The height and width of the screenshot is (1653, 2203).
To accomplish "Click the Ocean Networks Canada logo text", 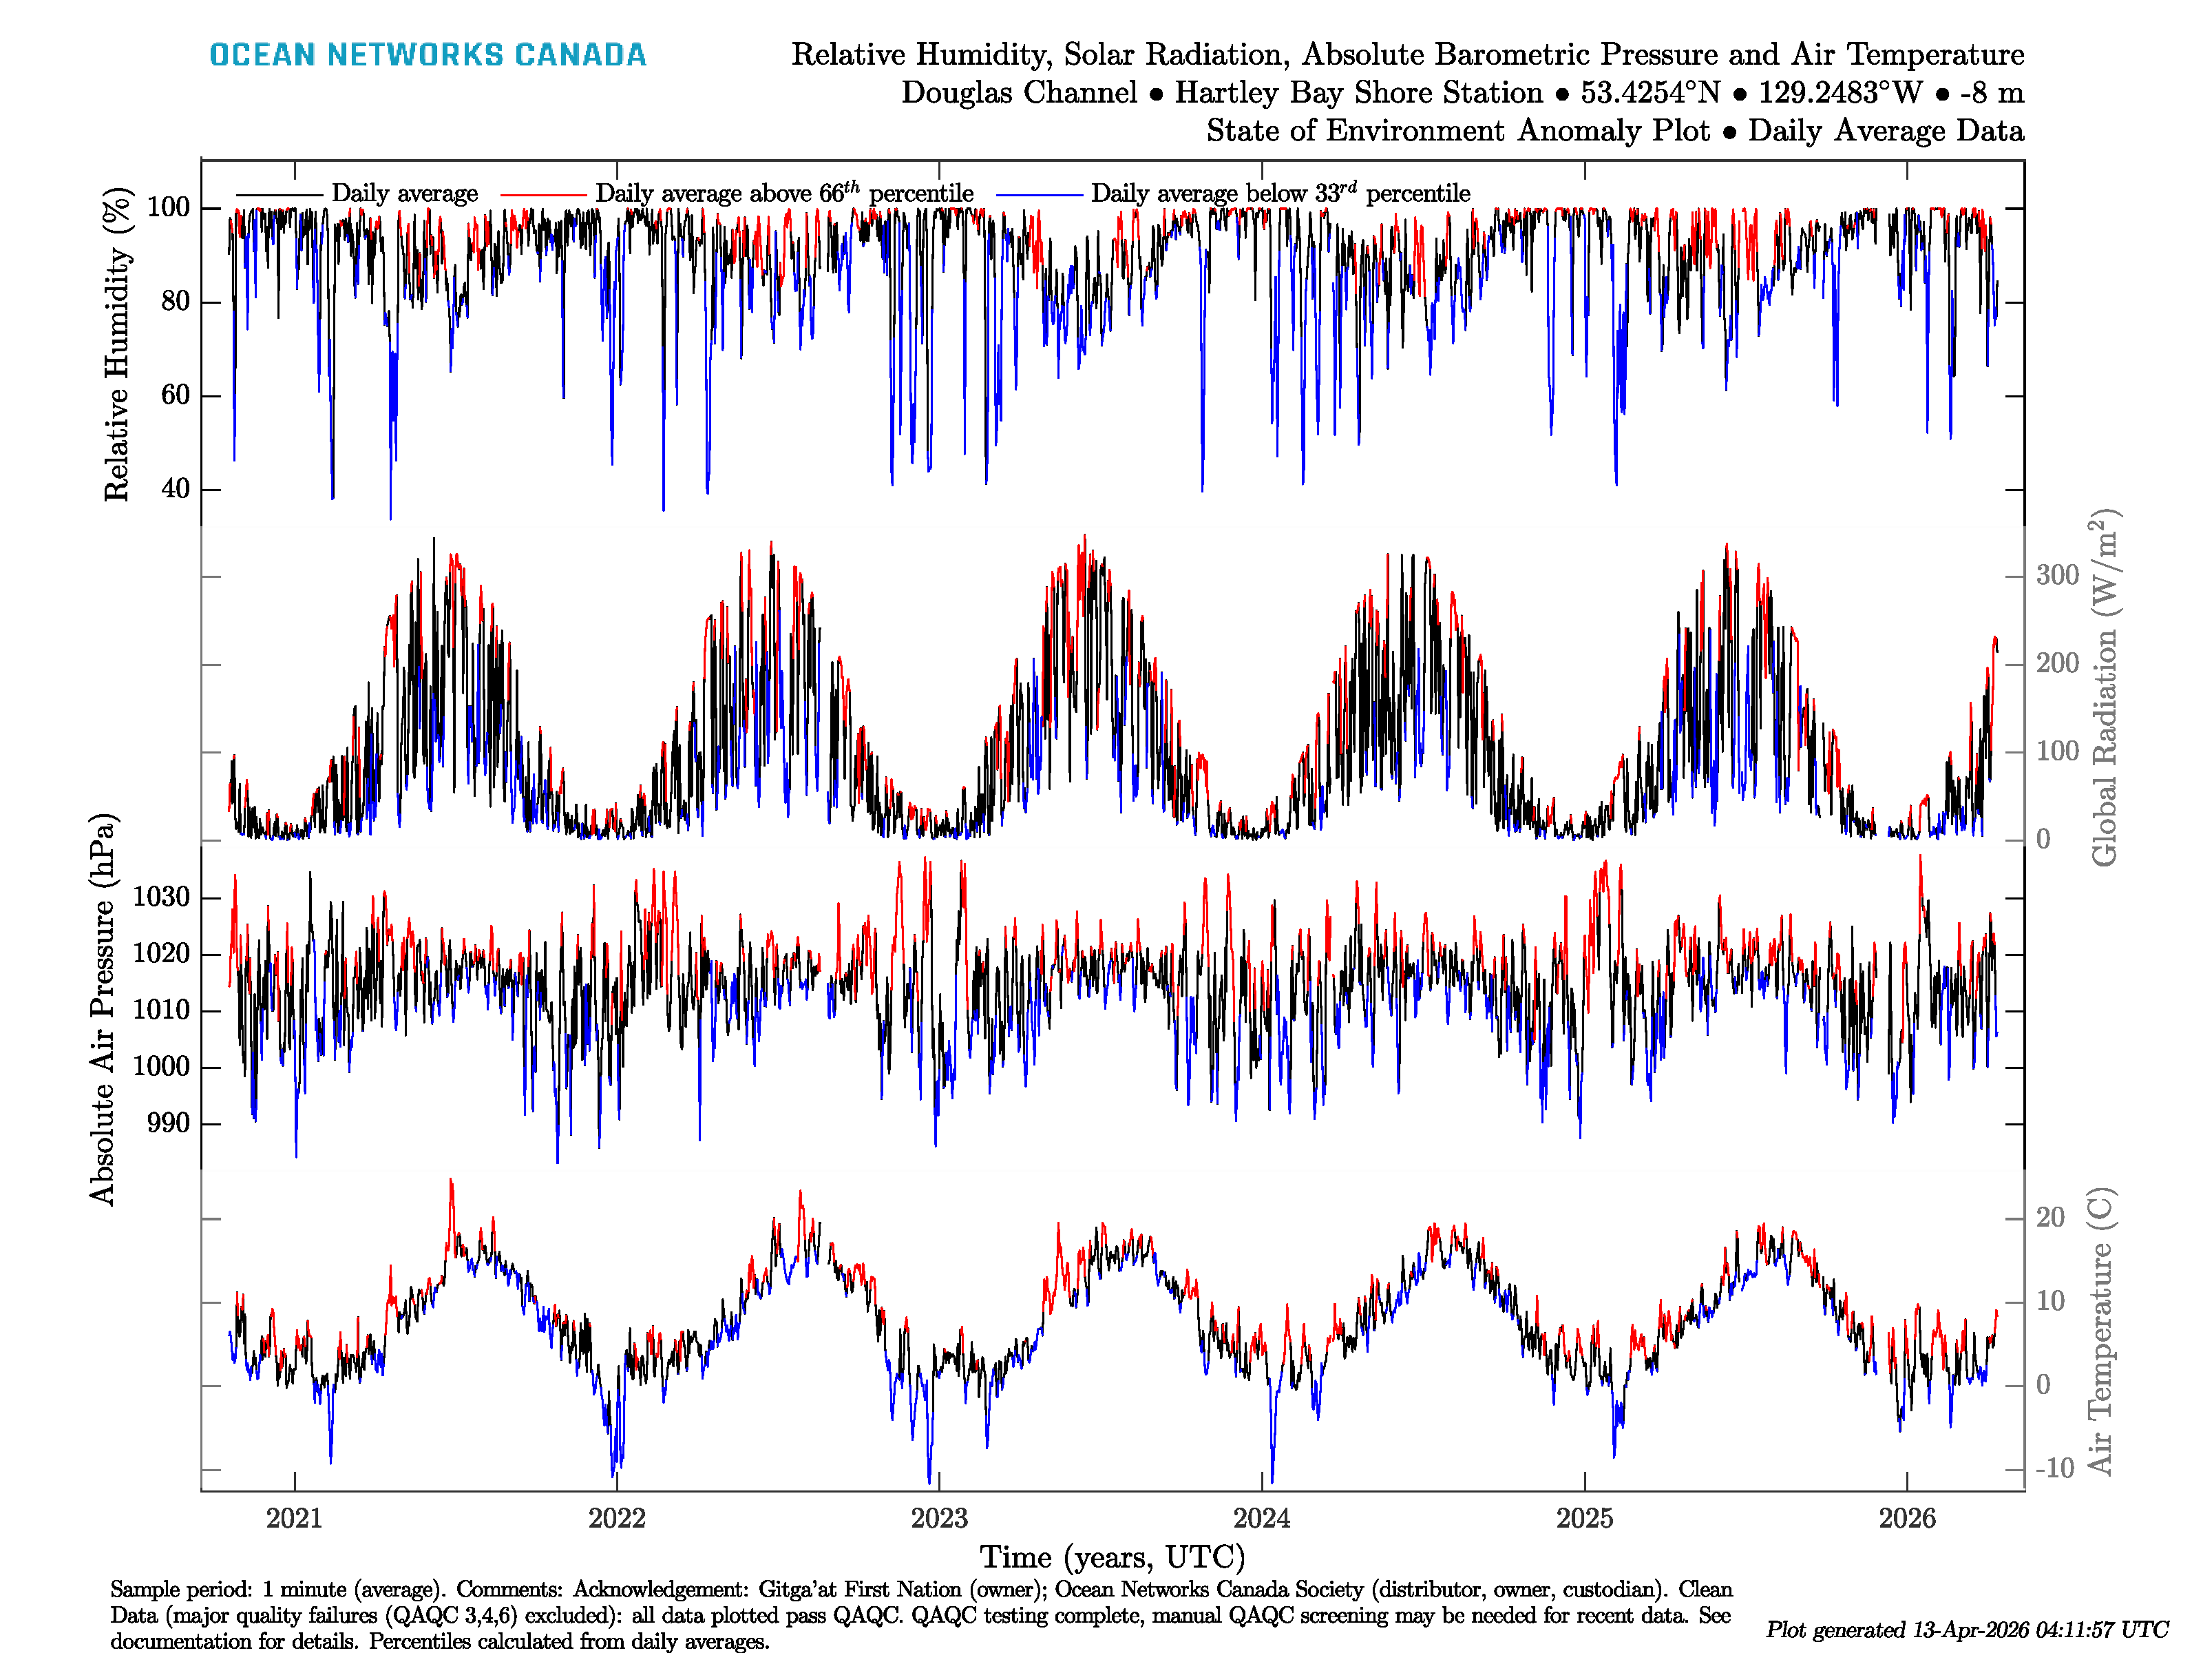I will (x=428, y=55).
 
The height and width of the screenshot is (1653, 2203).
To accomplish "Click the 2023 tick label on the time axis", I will (x=938, y=1519).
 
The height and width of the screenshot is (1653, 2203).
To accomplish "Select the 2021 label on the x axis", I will (x=294, y=1519).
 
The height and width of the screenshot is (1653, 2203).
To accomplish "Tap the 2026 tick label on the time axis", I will (x=1906, y=1519).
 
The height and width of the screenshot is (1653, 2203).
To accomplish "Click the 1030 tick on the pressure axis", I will (x=160, y=897).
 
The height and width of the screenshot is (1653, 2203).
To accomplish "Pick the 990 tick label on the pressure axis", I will (x=167, y=1124).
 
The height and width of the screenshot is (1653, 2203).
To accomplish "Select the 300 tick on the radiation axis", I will (x=2056, y=575).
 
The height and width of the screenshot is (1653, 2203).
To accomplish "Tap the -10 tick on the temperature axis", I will (x=2054, y=1468).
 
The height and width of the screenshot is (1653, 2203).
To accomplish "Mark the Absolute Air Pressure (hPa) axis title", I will (x=103, y=1009).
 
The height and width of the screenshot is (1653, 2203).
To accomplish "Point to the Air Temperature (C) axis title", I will (x=2100, y=1330).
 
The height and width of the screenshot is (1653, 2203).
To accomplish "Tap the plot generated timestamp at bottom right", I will (x=1966, y=1630).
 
